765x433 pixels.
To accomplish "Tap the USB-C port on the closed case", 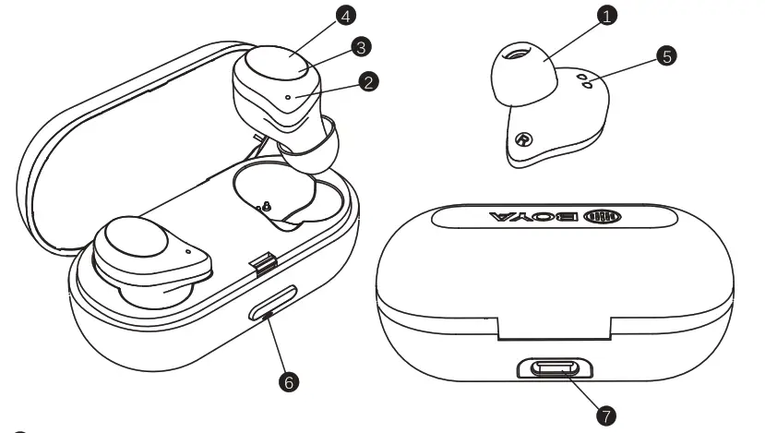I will click(555, 370).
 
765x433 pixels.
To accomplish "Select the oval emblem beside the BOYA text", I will click(608, 219).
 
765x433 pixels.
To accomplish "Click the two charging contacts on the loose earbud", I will click(584, 81).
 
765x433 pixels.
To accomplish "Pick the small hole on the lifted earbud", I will click(290, 95).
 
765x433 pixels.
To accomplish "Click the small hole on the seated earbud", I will click(187, 249).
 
